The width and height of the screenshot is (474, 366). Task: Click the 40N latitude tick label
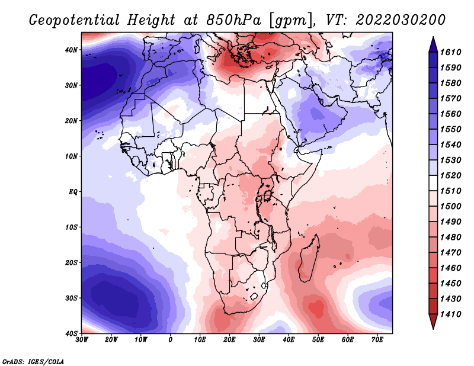click(71, 50)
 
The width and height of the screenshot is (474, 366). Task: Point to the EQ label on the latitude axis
click(73, 192)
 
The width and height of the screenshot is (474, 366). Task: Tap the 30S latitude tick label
click(71, 298)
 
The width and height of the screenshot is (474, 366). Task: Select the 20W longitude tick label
click(111, 340)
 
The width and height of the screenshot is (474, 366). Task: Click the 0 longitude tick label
click(171, 340)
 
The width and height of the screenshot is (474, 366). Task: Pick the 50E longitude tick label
click(318, 340)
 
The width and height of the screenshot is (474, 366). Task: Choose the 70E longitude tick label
click(377, 340)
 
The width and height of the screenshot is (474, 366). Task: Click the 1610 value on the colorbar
click(451, 52)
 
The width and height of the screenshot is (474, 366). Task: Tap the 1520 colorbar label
click(451, 175)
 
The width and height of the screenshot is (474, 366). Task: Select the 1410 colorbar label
click(451, 314)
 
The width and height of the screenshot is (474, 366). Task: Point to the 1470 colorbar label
click(451, 253)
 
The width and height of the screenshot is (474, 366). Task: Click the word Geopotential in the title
click(75, 21)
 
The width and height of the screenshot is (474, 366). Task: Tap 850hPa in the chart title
click(234, 20)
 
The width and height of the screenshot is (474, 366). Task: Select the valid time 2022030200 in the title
click(401, 20)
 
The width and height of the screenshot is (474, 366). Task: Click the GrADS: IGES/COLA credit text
click(33, 362)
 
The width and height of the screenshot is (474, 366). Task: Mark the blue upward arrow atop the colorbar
click(433, 44)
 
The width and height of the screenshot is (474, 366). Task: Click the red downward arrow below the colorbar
click(433, 322)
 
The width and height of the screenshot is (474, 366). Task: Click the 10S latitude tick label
click(71, 227)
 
